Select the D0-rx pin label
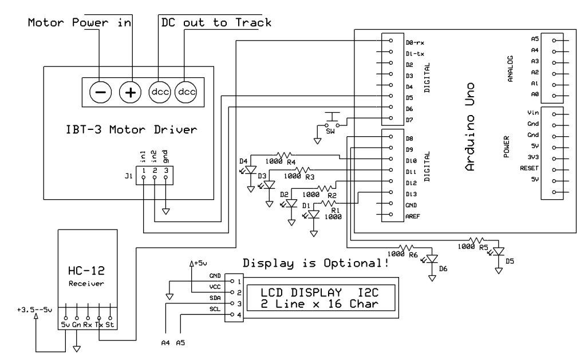pos(414,42)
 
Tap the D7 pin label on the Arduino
pos(409,118)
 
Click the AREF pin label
pos(412,215)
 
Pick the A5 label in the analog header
pos(535,39)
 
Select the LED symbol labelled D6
pos(432,259)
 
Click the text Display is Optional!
pos(316,264)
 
